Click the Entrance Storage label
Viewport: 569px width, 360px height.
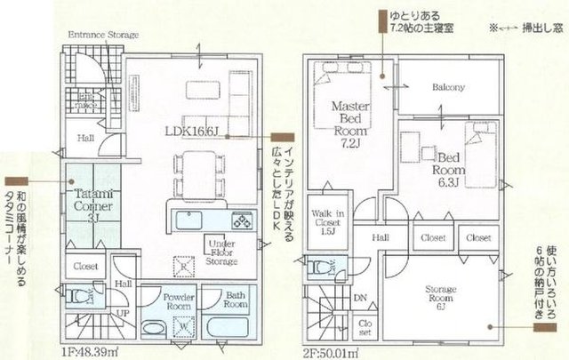coord(105,35)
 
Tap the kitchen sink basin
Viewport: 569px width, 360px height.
coord(189,220)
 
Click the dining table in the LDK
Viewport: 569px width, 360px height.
coord(201,172)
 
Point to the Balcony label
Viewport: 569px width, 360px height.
coord(450,88)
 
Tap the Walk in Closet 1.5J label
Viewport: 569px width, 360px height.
coord(330,220)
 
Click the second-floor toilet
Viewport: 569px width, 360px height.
coord(320,264)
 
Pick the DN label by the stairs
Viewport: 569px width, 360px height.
coord(359,300)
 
